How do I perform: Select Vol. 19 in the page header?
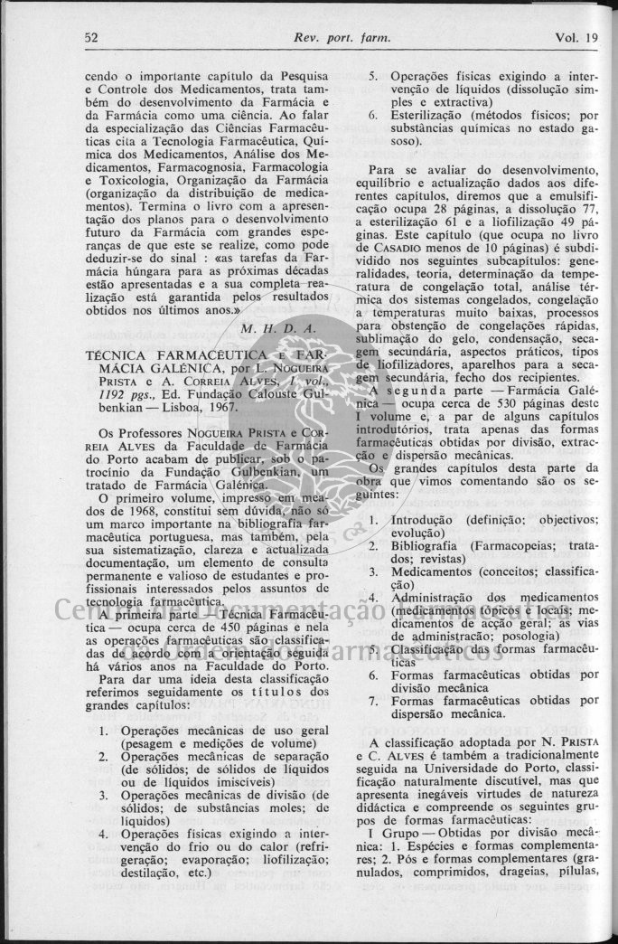[577, 38]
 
